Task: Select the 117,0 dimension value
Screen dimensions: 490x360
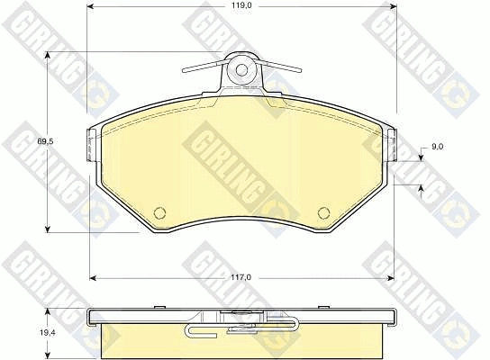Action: click(242, 277)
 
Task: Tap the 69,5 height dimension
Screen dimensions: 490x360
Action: click(46, 141)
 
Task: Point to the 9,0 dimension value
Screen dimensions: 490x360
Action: click(438, 147)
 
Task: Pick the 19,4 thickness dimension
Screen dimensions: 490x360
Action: click(48, 333)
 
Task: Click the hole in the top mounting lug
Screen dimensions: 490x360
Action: click(241, 70)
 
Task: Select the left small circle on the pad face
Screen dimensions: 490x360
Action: click(160, 212)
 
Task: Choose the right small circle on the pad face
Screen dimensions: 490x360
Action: click(323, 212)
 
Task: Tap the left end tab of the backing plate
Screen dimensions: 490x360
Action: click(90, 145)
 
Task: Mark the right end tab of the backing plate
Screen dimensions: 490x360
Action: click(393, 145)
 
